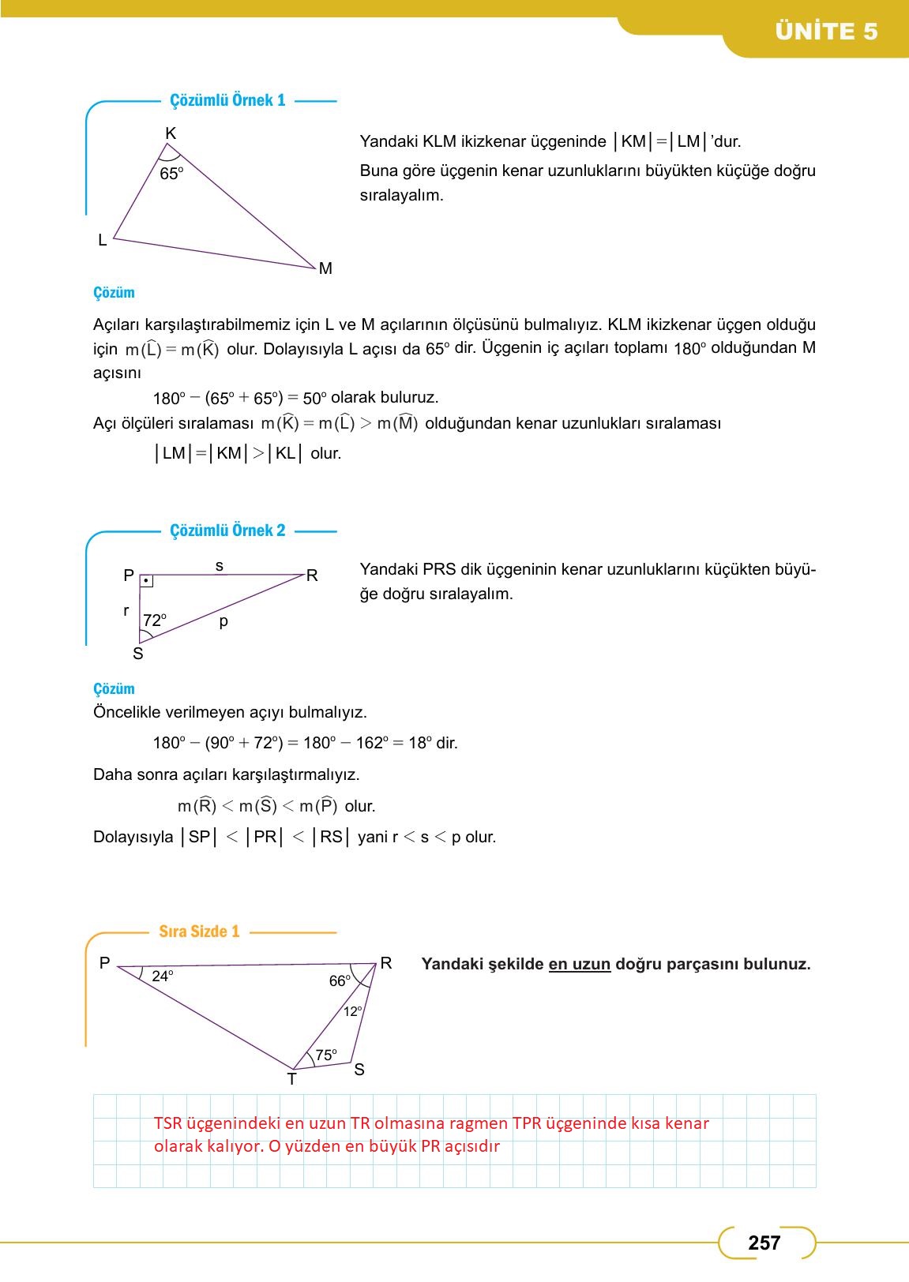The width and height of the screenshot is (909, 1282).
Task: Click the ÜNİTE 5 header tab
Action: [825, 32]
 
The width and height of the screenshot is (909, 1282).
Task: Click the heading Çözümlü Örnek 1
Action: [227, 100]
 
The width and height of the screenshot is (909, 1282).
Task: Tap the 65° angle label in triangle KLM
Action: [171, 174]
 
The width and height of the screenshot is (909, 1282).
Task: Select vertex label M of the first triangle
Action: [325, 268]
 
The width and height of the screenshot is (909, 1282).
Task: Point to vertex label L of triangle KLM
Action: [102, 240]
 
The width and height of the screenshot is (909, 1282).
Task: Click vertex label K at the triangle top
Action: [171, 133]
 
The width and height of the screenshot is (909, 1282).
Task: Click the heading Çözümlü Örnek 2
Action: [227, 530]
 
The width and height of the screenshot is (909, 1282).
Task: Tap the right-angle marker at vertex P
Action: [147, 582]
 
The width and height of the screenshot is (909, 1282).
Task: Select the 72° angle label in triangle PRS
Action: [155, 620]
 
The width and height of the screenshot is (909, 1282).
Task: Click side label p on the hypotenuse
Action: [223, 621]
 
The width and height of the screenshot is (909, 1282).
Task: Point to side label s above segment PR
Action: [220, 565]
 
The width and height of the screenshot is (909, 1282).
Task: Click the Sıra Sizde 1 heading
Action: [199, 932]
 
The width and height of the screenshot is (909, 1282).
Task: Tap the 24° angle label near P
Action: [162, 976]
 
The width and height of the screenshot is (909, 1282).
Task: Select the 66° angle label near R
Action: [340, 981]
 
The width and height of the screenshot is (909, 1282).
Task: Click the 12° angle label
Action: [352, 1011]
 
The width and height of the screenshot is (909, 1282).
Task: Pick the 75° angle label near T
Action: [325, 1055]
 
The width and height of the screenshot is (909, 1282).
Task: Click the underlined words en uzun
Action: [579, 964]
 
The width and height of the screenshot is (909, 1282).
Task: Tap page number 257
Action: [764, 1243]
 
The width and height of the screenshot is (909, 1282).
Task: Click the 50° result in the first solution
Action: [314, 398]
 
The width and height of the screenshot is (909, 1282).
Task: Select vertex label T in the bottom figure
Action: [291, 1079]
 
